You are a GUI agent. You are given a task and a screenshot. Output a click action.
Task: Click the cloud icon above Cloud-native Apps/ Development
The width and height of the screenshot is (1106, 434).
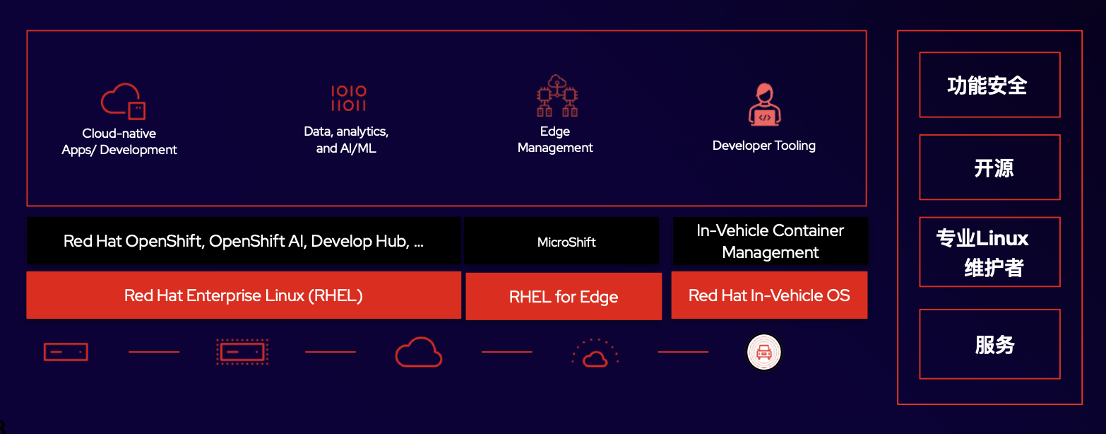coord(123,101)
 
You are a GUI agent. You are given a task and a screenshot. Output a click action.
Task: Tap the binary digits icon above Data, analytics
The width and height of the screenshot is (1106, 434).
coord(348,99)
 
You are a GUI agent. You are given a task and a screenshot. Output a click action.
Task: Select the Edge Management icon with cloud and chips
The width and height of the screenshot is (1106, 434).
coord(557,96)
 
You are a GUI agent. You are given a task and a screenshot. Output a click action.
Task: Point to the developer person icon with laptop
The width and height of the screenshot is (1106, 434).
coord(763,105)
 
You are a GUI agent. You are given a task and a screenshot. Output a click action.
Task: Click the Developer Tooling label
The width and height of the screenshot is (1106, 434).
coord(763,146)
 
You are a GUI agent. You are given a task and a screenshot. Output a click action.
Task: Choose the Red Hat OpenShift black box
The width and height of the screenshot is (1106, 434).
coord(244,241)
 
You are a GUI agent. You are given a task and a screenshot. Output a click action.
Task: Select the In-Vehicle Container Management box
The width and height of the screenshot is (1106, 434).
coord(770,241)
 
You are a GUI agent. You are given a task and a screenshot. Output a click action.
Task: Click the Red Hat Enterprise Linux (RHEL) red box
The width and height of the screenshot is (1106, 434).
coord(244,295)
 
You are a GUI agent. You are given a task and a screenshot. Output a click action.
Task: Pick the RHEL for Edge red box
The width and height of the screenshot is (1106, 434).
coord(564,297)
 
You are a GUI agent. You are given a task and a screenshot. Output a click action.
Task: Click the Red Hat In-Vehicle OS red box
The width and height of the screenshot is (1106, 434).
coord(769,295)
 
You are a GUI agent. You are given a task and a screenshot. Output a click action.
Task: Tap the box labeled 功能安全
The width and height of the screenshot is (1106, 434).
coord(989,86)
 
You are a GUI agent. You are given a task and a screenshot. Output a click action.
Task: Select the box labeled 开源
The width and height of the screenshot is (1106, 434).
coord(989,168)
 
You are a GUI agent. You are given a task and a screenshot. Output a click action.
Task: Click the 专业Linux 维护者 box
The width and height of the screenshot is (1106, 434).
coord(989,252)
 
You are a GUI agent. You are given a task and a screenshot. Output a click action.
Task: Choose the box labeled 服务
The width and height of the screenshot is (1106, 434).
coord(989,344)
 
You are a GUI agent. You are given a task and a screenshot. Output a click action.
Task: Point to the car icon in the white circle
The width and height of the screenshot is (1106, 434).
coord(764,351)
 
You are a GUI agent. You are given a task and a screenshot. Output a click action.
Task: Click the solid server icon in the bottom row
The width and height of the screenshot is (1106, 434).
coord(66,351)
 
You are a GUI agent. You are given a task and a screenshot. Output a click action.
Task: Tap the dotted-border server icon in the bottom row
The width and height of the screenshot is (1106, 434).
coord(242,351)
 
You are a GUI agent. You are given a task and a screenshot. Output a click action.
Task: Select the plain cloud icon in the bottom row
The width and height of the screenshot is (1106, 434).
coord(418,352)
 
